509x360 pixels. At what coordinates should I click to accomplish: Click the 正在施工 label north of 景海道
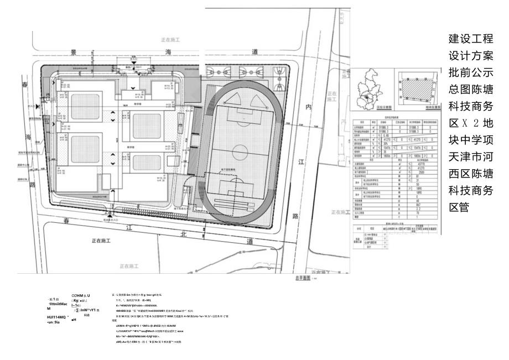tap(170, 40)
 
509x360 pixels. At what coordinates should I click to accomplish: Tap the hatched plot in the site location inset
tap(416, 88)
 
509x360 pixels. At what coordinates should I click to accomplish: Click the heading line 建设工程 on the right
tap(470, 40)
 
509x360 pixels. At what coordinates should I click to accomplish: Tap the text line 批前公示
tap(470, 72)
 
